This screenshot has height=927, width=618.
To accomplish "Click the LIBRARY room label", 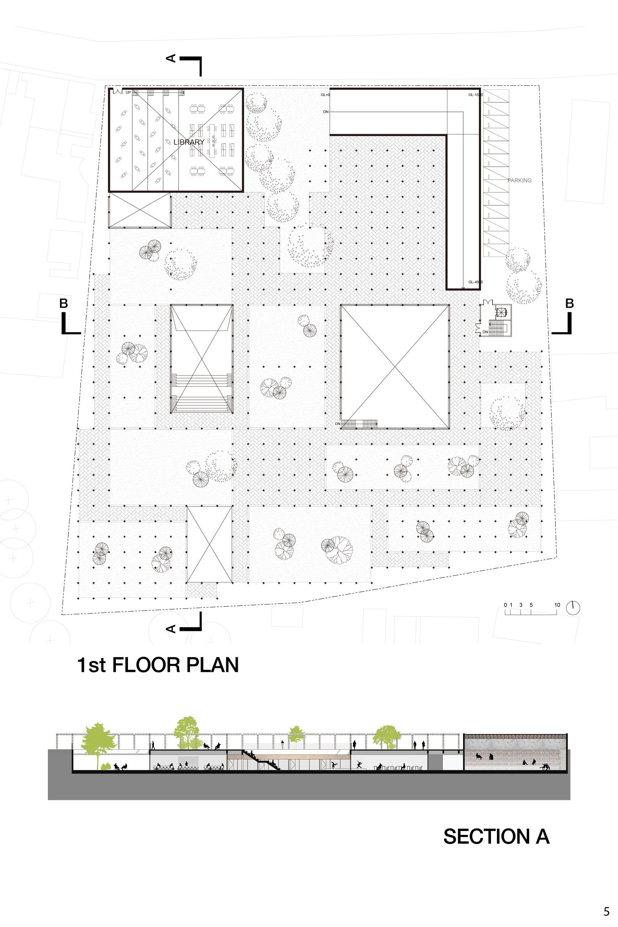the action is [x=189, y=142].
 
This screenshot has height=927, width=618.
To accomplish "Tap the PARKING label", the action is [x=519, y=180].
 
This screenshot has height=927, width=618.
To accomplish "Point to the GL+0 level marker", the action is [x=325, y=95].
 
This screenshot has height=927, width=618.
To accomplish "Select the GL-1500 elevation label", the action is [x=475, y=95].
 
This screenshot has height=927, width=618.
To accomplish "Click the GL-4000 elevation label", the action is [x=475, y=282].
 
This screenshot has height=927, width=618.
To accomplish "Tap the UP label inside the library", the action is [x=128, y=93].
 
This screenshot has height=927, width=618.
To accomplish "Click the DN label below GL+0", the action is [x=326, y=112].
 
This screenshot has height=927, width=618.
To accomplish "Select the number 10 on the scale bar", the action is [x=557, y=605].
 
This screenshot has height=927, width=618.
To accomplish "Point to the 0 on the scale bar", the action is [x=506, y=605].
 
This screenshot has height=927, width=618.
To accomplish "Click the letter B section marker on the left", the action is [x=63, y=303].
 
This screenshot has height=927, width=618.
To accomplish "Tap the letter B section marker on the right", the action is [x=569, y=303].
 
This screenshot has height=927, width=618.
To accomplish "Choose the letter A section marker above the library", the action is [x=171, y=58].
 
